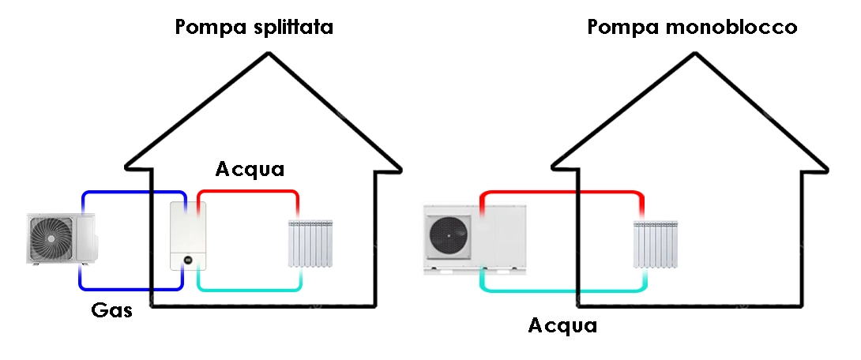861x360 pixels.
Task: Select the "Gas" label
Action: (x=111, y=310)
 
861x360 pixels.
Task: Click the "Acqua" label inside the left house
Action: (x=250, y=169)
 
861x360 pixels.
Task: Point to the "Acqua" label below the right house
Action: (x=562, y=325)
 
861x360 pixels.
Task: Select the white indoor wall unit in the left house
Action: (x=188, y=235)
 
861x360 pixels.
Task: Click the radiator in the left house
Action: (x=310, y=244)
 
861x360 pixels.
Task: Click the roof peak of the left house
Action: (x=269, y=54)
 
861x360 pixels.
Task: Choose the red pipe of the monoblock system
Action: (x=561, y=192)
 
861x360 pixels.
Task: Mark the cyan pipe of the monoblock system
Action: (x=561, y=290)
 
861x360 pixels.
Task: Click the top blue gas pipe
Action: (x=133, y=192)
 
